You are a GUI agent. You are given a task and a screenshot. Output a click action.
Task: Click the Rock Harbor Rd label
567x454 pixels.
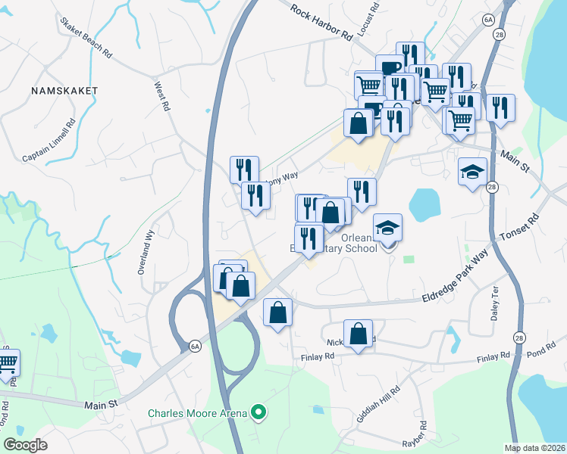322,23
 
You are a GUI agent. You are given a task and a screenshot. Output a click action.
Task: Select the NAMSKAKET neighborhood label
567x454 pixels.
65,90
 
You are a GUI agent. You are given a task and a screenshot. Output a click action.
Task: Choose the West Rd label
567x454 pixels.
161,98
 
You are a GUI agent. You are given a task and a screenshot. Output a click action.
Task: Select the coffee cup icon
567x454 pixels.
390,67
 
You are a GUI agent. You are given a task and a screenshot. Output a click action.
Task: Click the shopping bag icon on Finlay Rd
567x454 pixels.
358,334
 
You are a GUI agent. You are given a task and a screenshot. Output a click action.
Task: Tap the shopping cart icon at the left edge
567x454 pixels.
8,362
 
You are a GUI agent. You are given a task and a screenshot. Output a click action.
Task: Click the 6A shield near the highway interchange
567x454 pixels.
195,347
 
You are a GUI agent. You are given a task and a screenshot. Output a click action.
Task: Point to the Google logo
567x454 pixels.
26,444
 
